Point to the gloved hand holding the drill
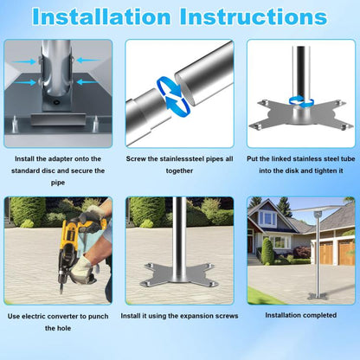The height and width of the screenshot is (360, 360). coord(81,267)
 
